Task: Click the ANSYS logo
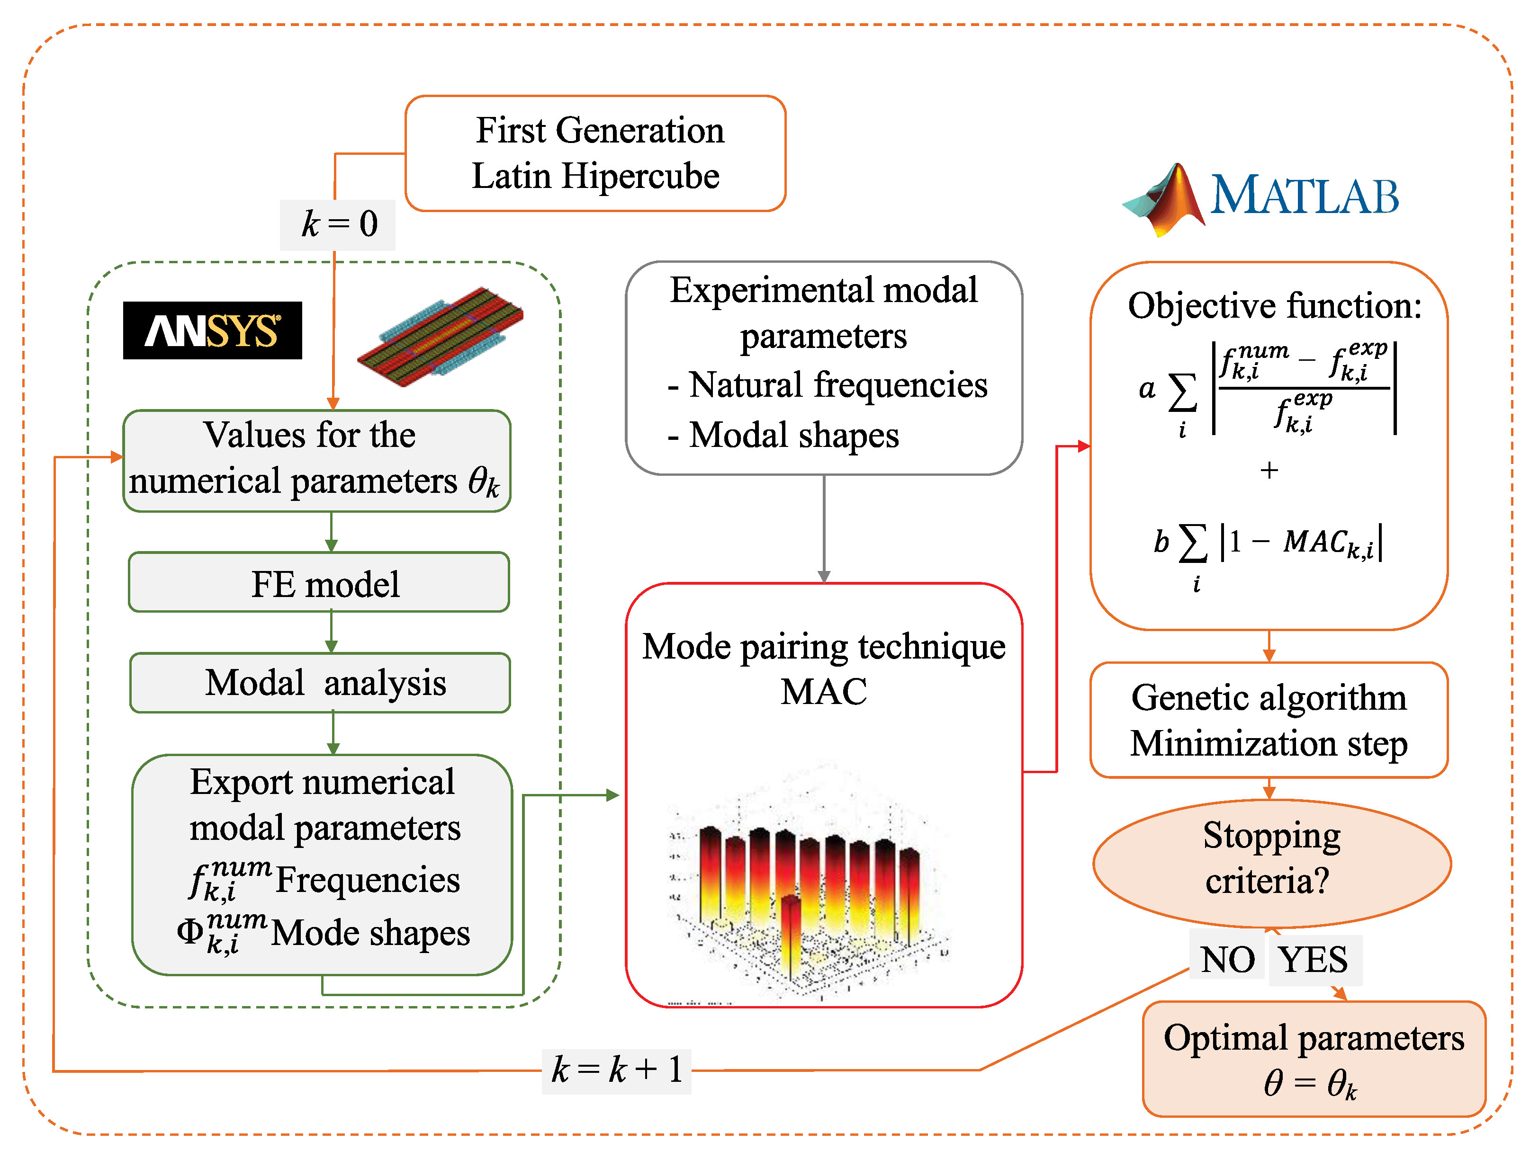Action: pos(212,330)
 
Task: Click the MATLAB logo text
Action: pos(1304,196)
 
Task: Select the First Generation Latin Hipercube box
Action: pos(595,153)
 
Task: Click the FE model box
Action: pos(319,583)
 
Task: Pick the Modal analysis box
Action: pos(320,683)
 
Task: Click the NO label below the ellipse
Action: pos(1227,960)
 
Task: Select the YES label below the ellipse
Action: pos(1313,960)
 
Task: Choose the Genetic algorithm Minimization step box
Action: pos(1269,720)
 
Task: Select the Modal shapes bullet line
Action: pos(783,435)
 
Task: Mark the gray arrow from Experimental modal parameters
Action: pos(824,528)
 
